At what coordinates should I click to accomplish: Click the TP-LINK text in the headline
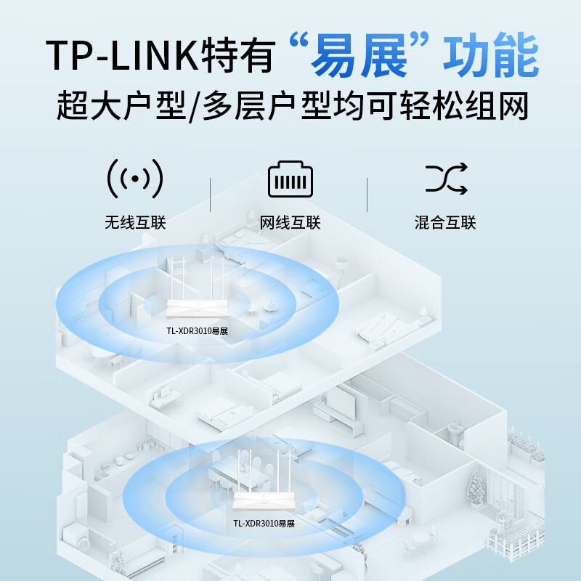coord(122,55)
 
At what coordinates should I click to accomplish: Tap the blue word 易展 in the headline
coord(359,55)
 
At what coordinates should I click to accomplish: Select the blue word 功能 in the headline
coord(491,55)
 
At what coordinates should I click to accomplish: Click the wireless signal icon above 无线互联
coord(135,179)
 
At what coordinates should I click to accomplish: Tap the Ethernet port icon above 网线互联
coord(290,179)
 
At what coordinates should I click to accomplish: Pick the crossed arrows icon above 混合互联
coord(446,179)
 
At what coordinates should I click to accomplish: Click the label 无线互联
coord(135,223)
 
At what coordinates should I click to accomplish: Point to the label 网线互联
coord(290,223)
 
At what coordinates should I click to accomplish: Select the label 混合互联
coord(445,223)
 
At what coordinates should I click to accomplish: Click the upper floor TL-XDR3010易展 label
coord(197,331)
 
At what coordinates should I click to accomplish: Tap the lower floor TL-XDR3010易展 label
coord(264,523)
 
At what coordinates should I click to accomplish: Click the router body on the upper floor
coord(197,309)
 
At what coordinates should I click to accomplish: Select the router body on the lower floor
coord(264,501)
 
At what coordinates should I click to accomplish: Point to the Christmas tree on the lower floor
coord(476,487)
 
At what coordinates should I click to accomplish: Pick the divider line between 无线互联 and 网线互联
coord(211,195)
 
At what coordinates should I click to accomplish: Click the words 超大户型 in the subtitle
coord(121,105)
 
